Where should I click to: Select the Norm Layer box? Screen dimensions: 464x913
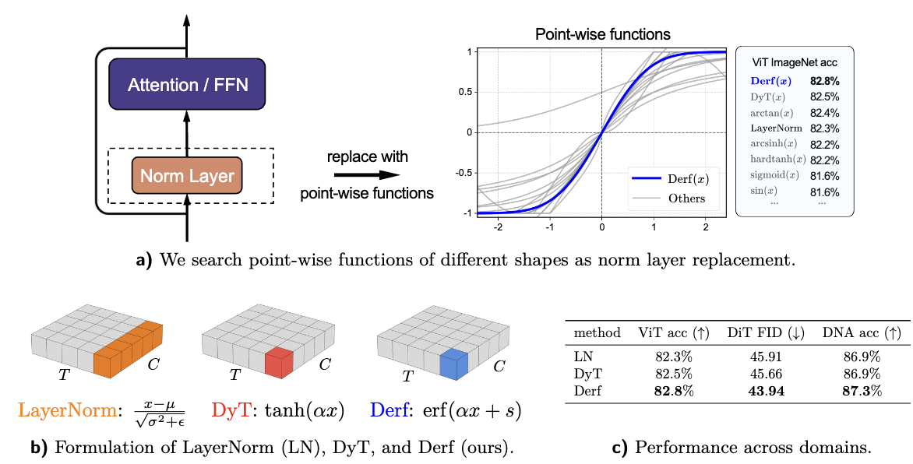pos(187,176)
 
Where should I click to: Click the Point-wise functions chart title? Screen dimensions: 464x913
pos(603,34)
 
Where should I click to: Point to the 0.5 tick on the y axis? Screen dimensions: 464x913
pos(464,92)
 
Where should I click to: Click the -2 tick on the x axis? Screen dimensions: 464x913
pos(499,225)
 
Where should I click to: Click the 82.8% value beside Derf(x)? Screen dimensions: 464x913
pos(825,80)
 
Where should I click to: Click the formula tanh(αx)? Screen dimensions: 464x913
pos(298,410)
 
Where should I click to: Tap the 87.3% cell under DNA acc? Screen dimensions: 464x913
pos(862,391)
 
